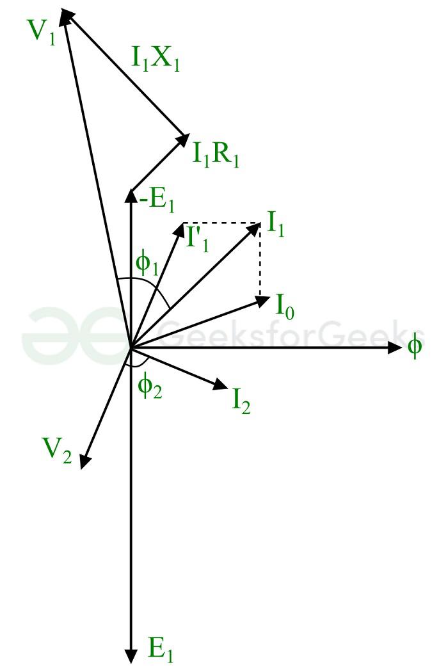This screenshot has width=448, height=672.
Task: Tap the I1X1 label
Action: click(x=155, y=58)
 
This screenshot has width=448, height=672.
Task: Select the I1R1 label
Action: click(x=216, y=154)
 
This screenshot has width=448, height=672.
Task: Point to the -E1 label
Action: click(x=157, y=200)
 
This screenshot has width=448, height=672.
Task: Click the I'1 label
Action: click(x=198, y=238)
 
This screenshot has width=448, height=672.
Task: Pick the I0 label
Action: click(x=285, y=307)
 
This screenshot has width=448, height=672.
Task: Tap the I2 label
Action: click(x=241, y=401)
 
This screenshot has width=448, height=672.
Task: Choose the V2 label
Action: click(x=56, y=450)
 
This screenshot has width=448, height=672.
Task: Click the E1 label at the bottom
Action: click(x=161, y=650)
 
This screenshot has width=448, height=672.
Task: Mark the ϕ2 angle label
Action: click(x=150, y=387)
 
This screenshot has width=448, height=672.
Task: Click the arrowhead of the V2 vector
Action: click(x=85, y=461)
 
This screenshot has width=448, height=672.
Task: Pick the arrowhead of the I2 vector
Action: click(x=220, y=385)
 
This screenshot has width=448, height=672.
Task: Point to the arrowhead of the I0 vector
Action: click(x=263, y=300)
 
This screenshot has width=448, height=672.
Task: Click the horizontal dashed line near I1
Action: click(x=222, y=223)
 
